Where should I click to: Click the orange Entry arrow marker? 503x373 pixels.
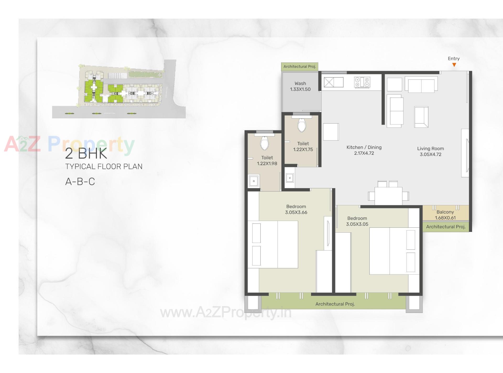454,65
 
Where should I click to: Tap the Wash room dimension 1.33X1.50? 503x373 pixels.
300,89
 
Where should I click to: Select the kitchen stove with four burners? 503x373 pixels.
362,82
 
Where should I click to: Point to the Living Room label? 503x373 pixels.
430,148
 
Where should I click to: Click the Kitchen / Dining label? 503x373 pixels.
364,147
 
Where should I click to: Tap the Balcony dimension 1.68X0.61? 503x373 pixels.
445,218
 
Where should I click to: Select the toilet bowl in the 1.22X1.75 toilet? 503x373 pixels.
302,125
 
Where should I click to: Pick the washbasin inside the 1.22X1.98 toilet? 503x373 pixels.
254,181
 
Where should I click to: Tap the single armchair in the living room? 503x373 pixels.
421,117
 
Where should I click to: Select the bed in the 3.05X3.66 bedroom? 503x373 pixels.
273,244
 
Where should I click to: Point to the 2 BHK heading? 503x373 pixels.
86,153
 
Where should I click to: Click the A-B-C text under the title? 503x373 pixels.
80,182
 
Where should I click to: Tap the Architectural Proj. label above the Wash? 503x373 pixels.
299,67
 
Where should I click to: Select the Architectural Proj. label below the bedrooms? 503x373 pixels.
335,304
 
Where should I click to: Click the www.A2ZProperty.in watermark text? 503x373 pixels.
226,313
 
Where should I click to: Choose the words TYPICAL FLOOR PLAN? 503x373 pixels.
104,167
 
